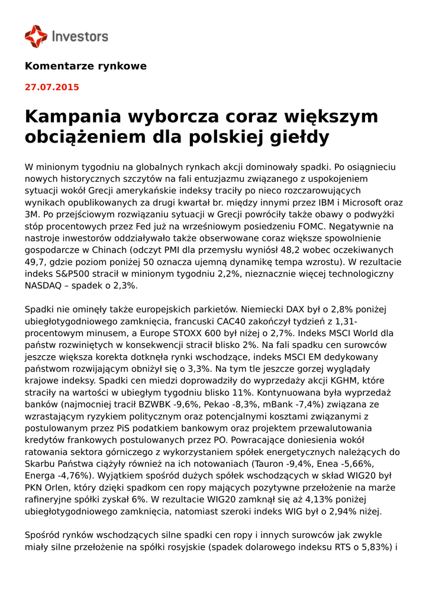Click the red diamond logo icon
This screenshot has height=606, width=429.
click(36, 36)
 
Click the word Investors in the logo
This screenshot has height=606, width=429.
click(80, 37)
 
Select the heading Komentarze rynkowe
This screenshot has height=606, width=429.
click(85, 66)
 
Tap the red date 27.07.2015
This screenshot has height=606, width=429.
click(51, 87)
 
